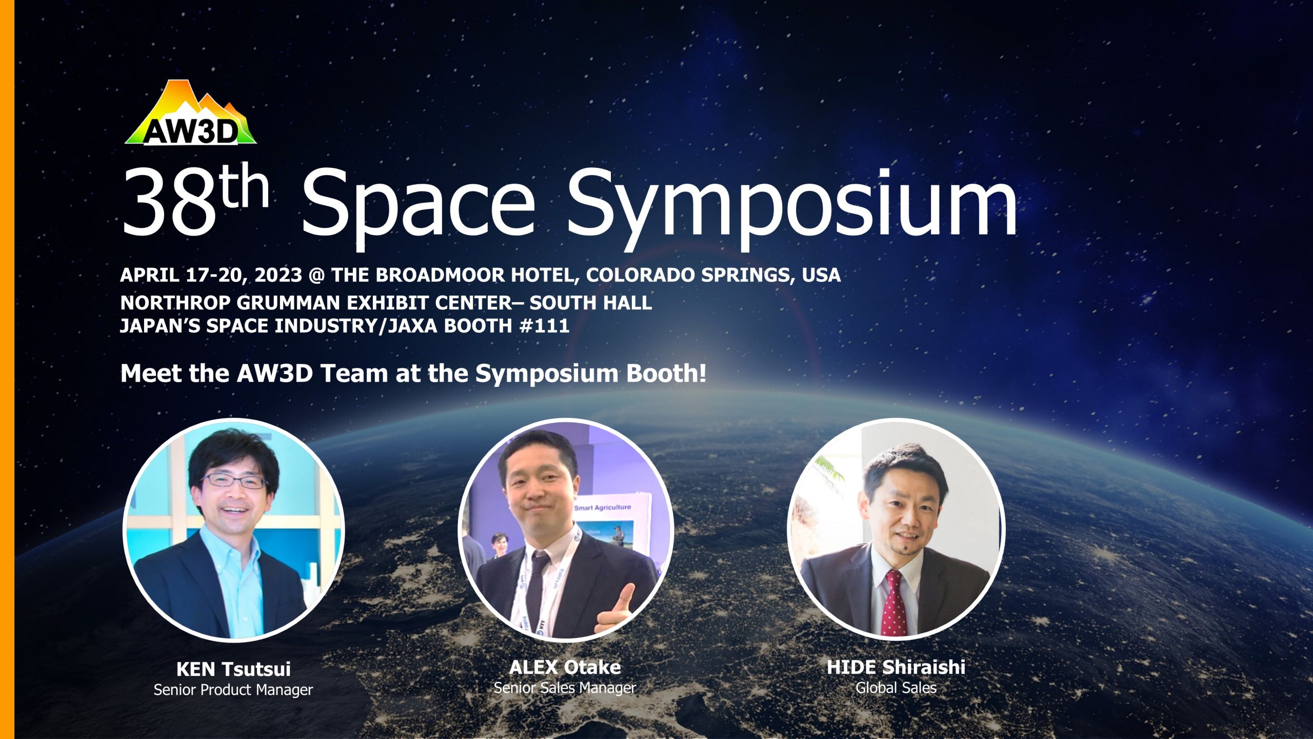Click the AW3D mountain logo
[191, 113]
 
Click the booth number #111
[544, 325]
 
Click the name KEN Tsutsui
[233, 669]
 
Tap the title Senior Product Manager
[233, 690]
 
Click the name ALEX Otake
[565, 667]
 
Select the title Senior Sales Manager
[565, 688]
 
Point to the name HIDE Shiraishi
[896, 667]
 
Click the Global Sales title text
[896, 688]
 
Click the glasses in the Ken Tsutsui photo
[233, 481]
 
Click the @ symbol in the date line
[316, 276]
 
